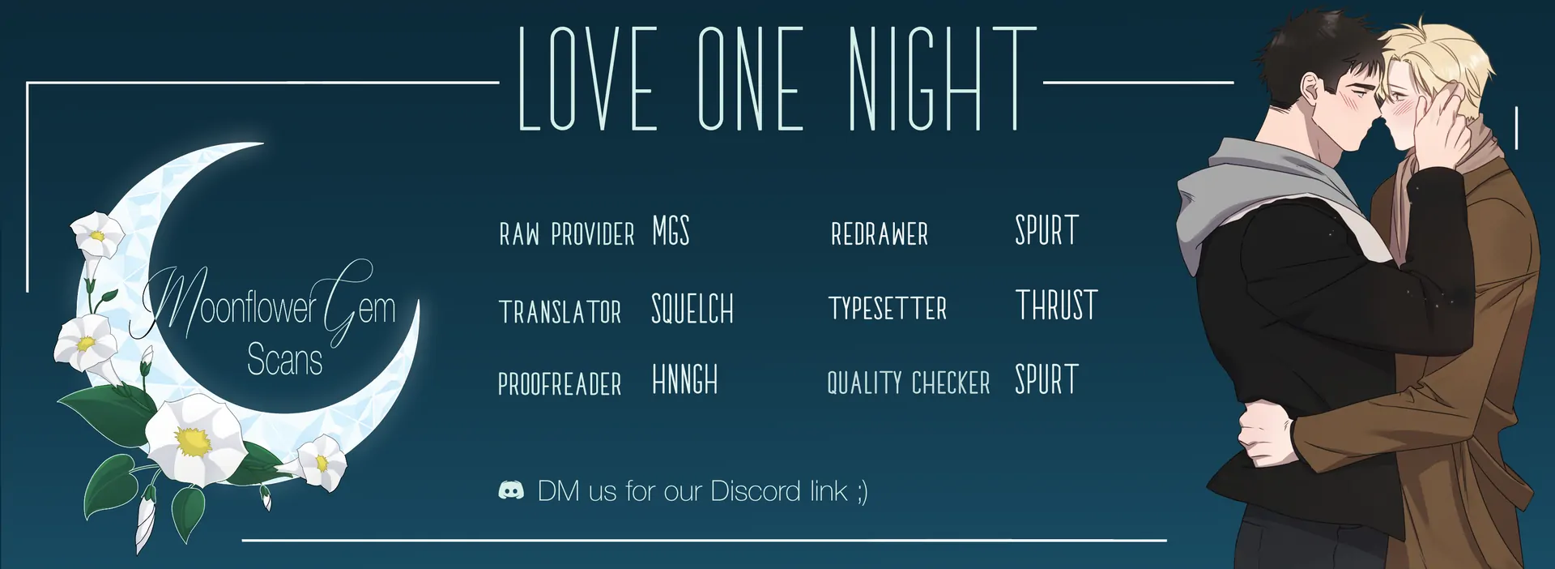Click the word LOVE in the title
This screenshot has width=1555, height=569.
587,79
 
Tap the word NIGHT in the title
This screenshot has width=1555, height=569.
943,79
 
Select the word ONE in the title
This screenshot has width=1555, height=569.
751,79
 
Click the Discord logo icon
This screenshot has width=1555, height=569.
511,490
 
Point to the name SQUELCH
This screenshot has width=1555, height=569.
692,309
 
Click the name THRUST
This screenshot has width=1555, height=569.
1057,305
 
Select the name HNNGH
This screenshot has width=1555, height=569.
685,379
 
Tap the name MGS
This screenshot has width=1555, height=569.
671,231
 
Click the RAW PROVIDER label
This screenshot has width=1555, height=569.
567,234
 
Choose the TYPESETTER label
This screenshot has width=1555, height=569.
888,308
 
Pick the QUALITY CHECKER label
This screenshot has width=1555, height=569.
909,383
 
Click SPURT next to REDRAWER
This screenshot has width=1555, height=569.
1047,231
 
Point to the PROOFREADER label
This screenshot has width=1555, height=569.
560,383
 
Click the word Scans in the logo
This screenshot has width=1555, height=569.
284,359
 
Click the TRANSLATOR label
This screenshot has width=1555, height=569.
560,312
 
